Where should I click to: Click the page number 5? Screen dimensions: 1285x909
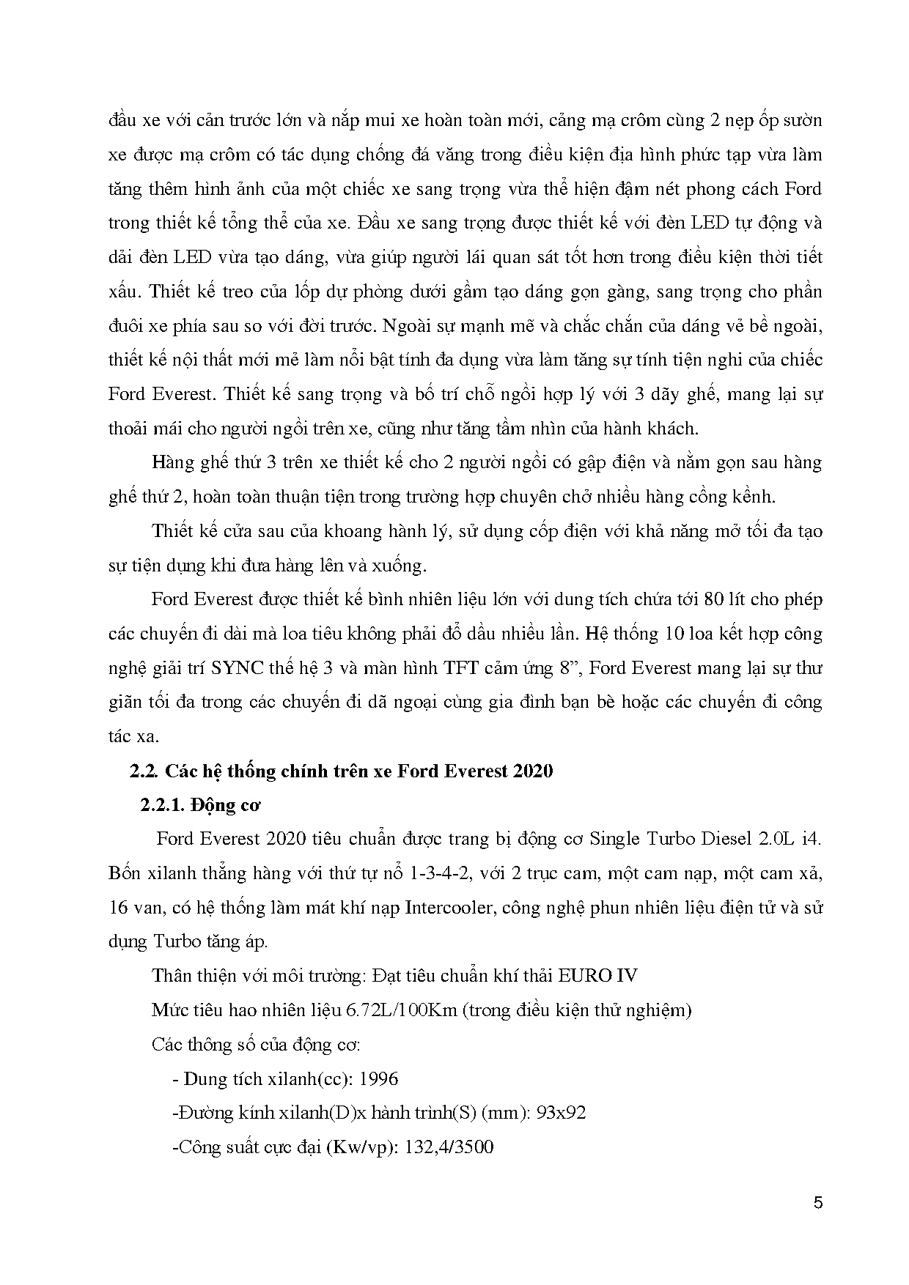(x=818, y=1203)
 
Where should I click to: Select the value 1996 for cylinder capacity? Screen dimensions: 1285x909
(x=380, y=1079)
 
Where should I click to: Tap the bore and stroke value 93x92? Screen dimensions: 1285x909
(x=561, y=1113)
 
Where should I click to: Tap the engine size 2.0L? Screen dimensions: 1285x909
(x=770, y=839)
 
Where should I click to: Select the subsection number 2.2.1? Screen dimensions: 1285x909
(x=162, y=805)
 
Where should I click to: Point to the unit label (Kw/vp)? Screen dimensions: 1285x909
(x=359, y=1147)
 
